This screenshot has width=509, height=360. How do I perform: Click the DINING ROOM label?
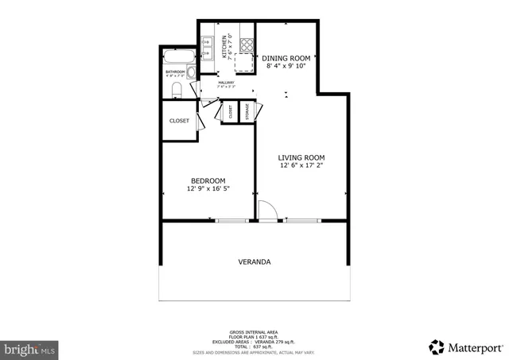[x=286, y=58]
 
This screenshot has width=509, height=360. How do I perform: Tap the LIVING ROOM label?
[x=301, y=157]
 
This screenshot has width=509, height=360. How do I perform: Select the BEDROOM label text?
[x=207, y=180]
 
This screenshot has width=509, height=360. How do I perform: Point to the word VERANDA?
[x=254, y=261]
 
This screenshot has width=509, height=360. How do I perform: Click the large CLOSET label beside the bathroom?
[x=179, y=121]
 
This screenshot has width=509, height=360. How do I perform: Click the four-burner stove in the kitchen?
[x=247, y=44]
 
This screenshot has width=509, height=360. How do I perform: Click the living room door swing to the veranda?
[x=267, y=210]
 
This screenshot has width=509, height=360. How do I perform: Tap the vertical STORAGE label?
[x=247, y=111]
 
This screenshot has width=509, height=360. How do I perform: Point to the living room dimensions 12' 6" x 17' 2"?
[x=301, y=166]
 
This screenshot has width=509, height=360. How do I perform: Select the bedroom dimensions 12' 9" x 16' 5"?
[x=208, y=189]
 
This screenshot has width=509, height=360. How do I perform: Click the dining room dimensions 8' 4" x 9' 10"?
[x=286, y=67]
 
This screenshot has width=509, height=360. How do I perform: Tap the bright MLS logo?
[x=29, y=348]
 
